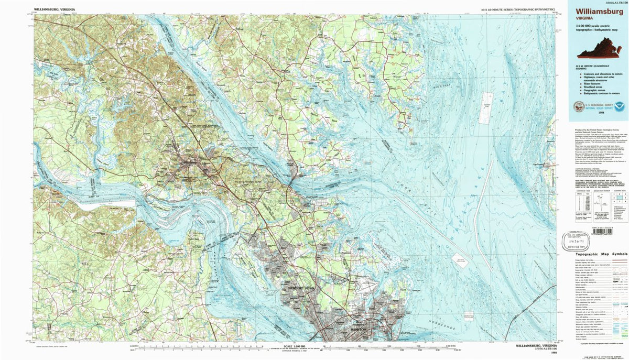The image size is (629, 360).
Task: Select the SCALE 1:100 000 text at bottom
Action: coord(295,346)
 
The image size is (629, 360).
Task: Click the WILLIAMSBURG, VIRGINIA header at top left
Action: coord(53,9)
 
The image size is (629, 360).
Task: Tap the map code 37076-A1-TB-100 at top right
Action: coord(603,2)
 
